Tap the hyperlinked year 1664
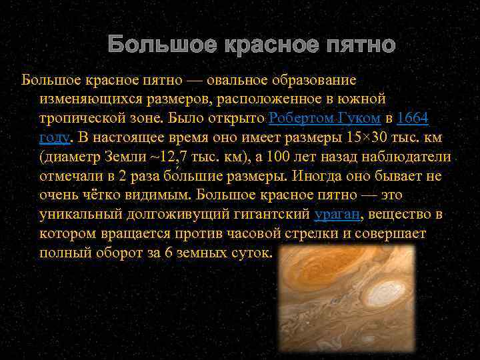coord(412,118)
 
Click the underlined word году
coord(54,137)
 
